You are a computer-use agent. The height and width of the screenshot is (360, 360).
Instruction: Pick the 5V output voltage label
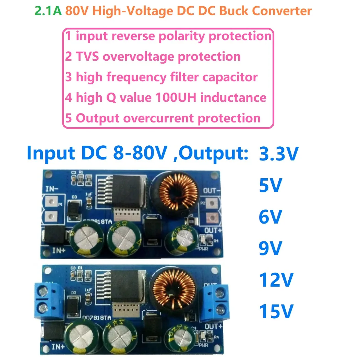(271, 187)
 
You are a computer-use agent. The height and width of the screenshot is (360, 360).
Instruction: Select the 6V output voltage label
(271, 217)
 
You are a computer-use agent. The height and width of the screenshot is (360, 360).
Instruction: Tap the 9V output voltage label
(271, 248)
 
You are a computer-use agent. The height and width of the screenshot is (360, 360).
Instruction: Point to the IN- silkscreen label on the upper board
(53, 189)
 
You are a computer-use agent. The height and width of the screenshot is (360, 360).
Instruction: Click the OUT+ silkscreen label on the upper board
(212, 229)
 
